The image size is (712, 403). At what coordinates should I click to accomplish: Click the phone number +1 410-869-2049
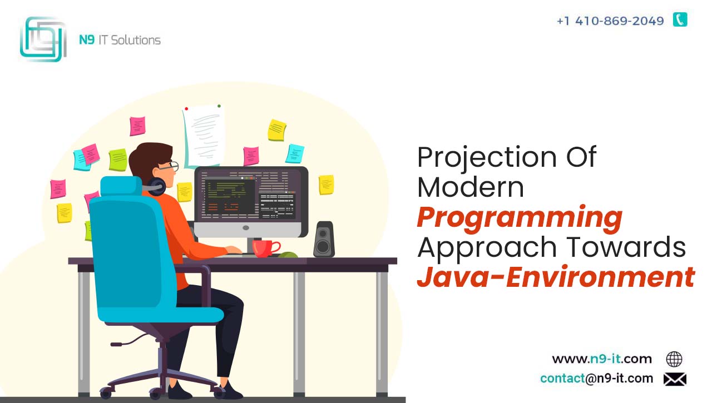point(610,21)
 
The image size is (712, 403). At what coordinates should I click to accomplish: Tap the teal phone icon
point(680,19)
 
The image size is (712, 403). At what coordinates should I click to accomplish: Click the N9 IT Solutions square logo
point(43,39)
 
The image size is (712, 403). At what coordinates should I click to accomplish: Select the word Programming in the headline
point(520,217)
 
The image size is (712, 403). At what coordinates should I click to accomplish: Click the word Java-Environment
point(556,277)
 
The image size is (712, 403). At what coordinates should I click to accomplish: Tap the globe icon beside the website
point(674,359)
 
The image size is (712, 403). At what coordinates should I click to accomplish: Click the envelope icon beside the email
point(675,379)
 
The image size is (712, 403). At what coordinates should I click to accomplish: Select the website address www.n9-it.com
point(602,359)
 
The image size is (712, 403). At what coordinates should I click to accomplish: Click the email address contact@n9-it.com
point(597,379)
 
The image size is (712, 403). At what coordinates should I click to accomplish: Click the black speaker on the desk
point(324,239)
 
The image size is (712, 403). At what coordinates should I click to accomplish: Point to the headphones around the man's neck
point(155,187)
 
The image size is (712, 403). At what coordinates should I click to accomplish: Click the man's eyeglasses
point(170,166)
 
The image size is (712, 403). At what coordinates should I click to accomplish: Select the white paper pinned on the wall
point(204,136)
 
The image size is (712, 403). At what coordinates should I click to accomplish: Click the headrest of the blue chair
point(121,186)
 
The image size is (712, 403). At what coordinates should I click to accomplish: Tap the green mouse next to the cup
point(288,255)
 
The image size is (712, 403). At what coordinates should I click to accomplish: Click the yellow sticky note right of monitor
point(327,185)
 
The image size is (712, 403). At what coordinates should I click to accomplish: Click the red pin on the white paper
point(186,109)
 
